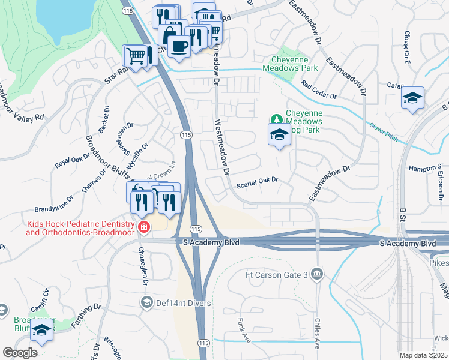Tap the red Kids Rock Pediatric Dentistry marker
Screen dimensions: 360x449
(x=143, y=227)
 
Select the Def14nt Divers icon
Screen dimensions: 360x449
(x=146, y=303)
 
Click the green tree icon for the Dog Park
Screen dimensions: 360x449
(x=277, y=117)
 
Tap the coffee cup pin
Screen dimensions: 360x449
(x=179, y=45)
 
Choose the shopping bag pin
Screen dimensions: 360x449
(x=170, y=34)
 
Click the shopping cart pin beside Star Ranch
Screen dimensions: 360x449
(x=136, y=56)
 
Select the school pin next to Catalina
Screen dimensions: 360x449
(x=412, y=98)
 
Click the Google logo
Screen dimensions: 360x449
(x=20, y=353)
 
